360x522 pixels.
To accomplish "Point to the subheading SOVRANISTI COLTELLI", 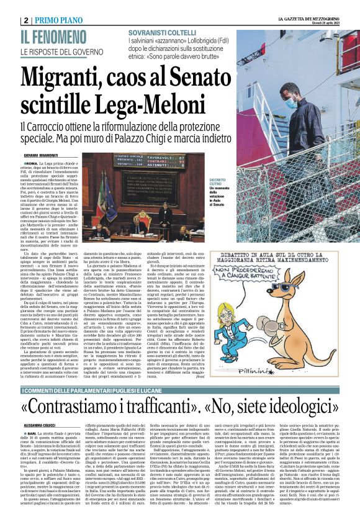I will tap(161, 33).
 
